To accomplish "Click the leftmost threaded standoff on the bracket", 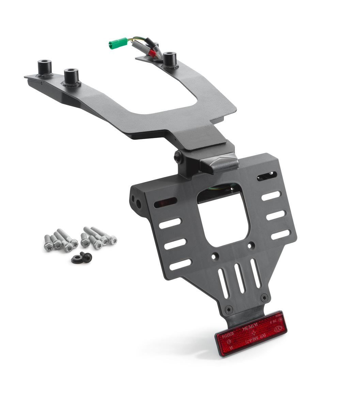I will pos(44,67).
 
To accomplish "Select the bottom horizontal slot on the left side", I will pos(180,264).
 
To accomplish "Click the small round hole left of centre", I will pos(214,255).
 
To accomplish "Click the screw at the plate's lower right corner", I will pos(264,298).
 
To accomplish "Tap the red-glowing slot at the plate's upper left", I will pos(166,202).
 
